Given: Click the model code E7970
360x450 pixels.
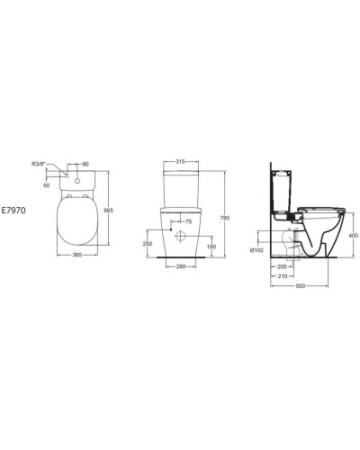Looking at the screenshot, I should (x=15, y=206).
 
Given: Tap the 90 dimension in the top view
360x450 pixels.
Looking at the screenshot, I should (x=85, y=165).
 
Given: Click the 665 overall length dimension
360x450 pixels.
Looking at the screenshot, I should (x=108, y=210).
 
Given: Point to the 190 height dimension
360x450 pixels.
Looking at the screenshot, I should (x=211, y=246).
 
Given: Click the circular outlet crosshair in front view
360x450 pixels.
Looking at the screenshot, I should (x=182, y=237).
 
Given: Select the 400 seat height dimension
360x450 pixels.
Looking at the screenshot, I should (x=353, y=235).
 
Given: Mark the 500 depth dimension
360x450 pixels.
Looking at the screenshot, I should (x=300, y=286).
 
